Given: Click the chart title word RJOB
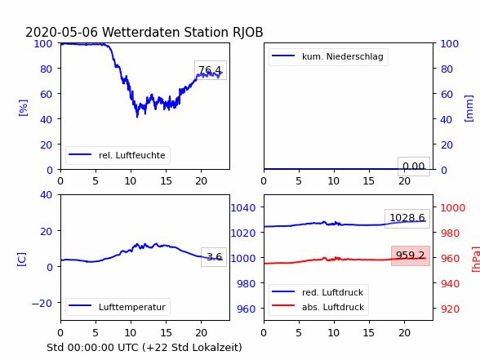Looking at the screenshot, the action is tap(247, 32).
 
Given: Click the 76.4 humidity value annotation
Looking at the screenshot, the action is tap(211, 70).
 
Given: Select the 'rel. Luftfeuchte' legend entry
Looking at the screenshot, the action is tap(118, 155).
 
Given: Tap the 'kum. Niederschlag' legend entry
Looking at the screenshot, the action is tap(328, 56).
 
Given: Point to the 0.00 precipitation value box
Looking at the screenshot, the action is tap(414, 167).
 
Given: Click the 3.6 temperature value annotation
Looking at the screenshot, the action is tap(214, 257).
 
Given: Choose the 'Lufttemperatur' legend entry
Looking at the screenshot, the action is tap(118, 307).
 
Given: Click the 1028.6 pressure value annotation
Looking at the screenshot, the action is tap(407, 218).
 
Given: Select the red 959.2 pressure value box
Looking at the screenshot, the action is tap(411, 256).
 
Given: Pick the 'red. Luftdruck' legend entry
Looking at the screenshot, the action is tap(318, 292).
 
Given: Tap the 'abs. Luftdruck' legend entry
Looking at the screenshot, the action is tap(318, 307).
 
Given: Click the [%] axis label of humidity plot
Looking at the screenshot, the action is tap(23, 108).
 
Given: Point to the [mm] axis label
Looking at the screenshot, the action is tap(469, 109).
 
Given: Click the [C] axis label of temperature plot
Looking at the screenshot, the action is tap(22, 260).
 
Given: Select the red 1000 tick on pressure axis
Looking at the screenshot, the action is tap(453, 208).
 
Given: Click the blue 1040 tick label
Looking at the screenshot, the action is tap(243, 208).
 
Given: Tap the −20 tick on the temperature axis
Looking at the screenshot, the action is tap(42, 304).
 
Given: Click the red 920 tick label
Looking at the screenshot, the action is tap(450, 309).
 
